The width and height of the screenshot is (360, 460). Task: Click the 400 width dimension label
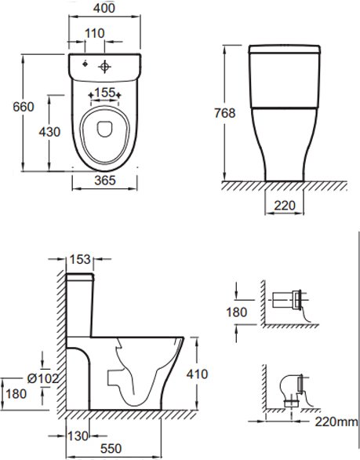104,8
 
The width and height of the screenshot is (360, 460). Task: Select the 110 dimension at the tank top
94,34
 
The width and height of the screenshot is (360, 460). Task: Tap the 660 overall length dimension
24,107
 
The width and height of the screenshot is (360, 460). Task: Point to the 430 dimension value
49,132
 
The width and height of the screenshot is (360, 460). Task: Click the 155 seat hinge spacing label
104,93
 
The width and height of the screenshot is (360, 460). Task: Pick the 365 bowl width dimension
105,180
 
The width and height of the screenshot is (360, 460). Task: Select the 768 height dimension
224,113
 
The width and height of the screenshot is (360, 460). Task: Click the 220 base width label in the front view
285,206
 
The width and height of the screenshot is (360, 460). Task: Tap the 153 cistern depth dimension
80,259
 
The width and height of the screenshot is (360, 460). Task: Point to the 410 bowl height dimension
197,374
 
